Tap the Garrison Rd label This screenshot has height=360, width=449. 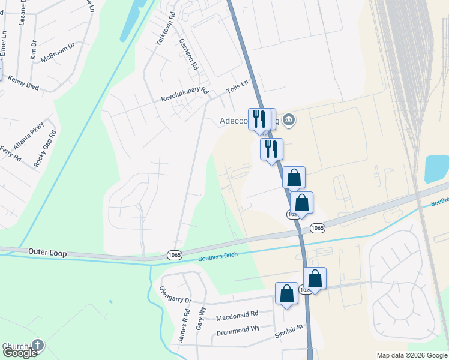pyautogui.click(x=188, y=55)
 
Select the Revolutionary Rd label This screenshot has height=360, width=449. pyautogui.click(x=184, y=95)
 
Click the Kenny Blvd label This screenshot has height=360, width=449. pyautogui.click(x=23, y=83)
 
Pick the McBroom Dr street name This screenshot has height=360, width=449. pyautogui.click(x=58, y=53)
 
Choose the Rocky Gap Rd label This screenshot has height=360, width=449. pyautogui.click(x=45, y=149)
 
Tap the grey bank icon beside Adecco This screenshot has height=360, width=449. pyautogui.click(x=289, y=119)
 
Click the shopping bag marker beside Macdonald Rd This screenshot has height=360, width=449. pyautogui.click(x=286, y=294)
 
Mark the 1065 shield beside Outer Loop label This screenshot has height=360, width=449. pyautogui.click(x=175, y=256)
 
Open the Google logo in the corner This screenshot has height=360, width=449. pyautogui.click(x=20, y=353)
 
